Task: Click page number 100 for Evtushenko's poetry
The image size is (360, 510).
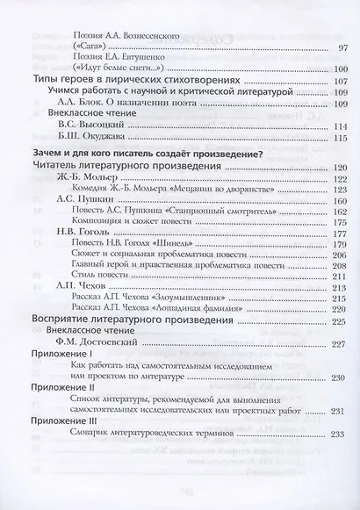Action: coord(342,67)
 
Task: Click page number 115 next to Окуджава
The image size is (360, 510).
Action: coord(342,139)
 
